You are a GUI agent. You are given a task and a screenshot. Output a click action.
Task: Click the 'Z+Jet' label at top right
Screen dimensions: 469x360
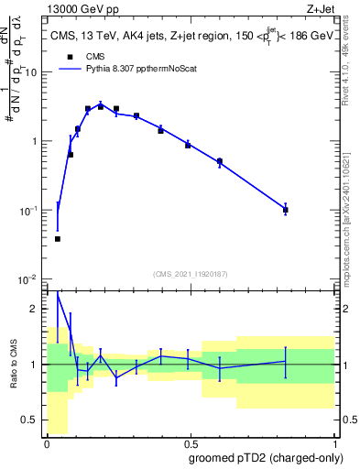pyautogui.click(x=320, y=8)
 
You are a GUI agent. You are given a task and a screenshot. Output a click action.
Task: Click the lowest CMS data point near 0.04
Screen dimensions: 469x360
pyautogui.click(x=58, y=239)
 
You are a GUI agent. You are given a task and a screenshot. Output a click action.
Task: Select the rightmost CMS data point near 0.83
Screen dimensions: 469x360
pyautogui.click(x=286, y=210)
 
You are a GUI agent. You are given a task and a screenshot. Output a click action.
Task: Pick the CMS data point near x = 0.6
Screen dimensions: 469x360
pyautogui.click(x=220, y=162)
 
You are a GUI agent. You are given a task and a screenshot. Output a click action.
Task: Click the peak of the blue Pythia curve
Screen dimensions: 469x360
pyautogui.click(x=101, y=104)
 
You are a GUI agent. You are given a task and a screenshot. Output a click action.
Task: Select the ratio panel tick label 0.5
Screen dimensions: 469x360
pyautogui.click(x=32, y=420)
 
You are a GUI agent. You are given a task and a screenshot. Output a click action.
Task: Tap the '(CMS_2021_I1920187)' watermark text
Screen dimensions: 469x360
pyautogui.click(x=190, y=274)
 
